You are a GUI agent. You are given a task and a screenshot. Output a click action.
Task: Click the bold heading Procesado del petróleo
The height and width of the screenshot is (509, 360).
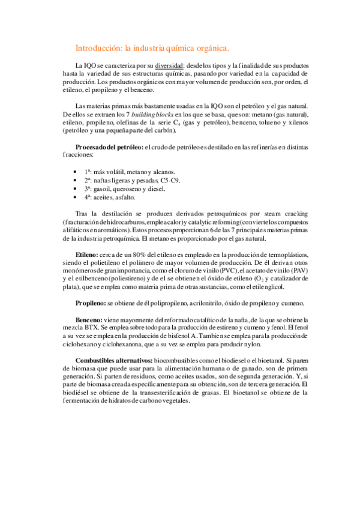[109, 148]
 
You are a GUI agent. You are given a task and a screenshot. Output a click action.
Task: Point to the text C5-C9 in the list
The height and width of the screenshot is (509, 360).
[168, 180]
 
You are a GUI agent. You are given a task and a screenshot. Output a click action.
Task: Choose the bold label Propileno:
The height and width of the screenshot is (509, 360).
[95, 303]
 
